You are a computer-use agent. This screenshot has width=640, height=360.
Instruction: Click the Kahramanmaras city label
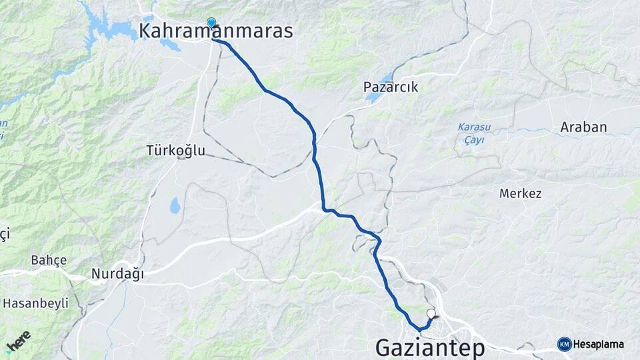[216, 31]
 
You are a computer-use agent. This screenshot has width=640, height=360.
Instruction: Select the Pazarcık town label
[390, 87]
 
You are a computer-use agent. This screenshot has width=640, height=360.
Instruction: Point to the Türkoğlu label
[176, 151]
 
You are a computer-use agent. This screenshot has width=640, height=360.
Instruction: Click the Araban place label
[583, 127]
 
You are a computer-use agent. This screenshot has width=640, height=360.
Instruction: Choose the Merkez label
[520, 194]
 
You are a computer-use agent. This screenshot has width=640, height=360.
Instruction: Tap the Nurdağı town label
[117, 273]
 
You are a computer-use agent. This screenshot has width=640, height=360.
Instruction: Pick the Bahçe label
[49, 260]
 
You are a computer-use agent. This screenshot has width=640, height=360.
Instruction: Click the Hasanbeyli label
[36, 303]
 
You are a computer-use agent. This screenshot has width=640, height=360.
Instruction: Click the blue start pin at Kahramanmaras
[211, 23]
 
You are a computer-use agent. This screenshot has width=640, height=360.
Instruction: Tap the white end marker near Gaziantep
[431, 313]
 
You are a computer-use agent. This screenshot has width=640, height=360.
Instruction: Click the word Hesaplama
[598, 345]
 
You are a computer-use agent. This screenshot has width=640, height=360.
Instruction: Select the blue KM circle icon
[564, 344]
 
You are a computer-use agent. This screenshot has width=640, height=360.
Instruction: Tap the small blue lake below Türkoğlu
[175, 206]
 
